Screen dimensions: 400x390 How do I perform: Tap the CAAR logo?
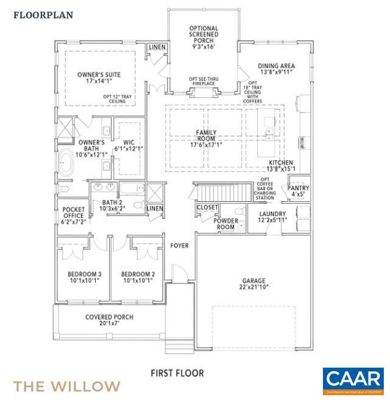(353, 381)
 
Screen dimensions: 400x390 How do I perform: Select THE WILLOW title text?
(67, 386)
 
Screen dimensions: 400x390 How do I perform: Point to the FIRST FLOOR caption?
(177, 373)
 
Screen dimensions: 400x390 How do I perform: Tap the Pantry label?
(298, 188)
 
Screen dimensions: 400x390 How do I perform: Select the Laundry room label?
(272, 214)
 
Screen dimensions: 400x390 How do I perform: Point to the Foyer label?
(179, 246)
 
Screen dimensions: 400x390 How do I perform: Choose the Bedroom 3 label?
(84, 274)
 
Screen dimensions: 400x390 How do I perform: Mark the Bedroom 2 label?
(138, 274)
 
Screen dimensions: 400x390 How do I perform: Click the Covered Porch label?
(109, 317)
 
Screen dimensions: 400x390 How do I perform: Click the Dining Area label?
(276, 68)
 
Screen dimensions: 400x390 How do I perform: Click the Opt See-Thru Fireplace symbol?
(202, 93)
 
